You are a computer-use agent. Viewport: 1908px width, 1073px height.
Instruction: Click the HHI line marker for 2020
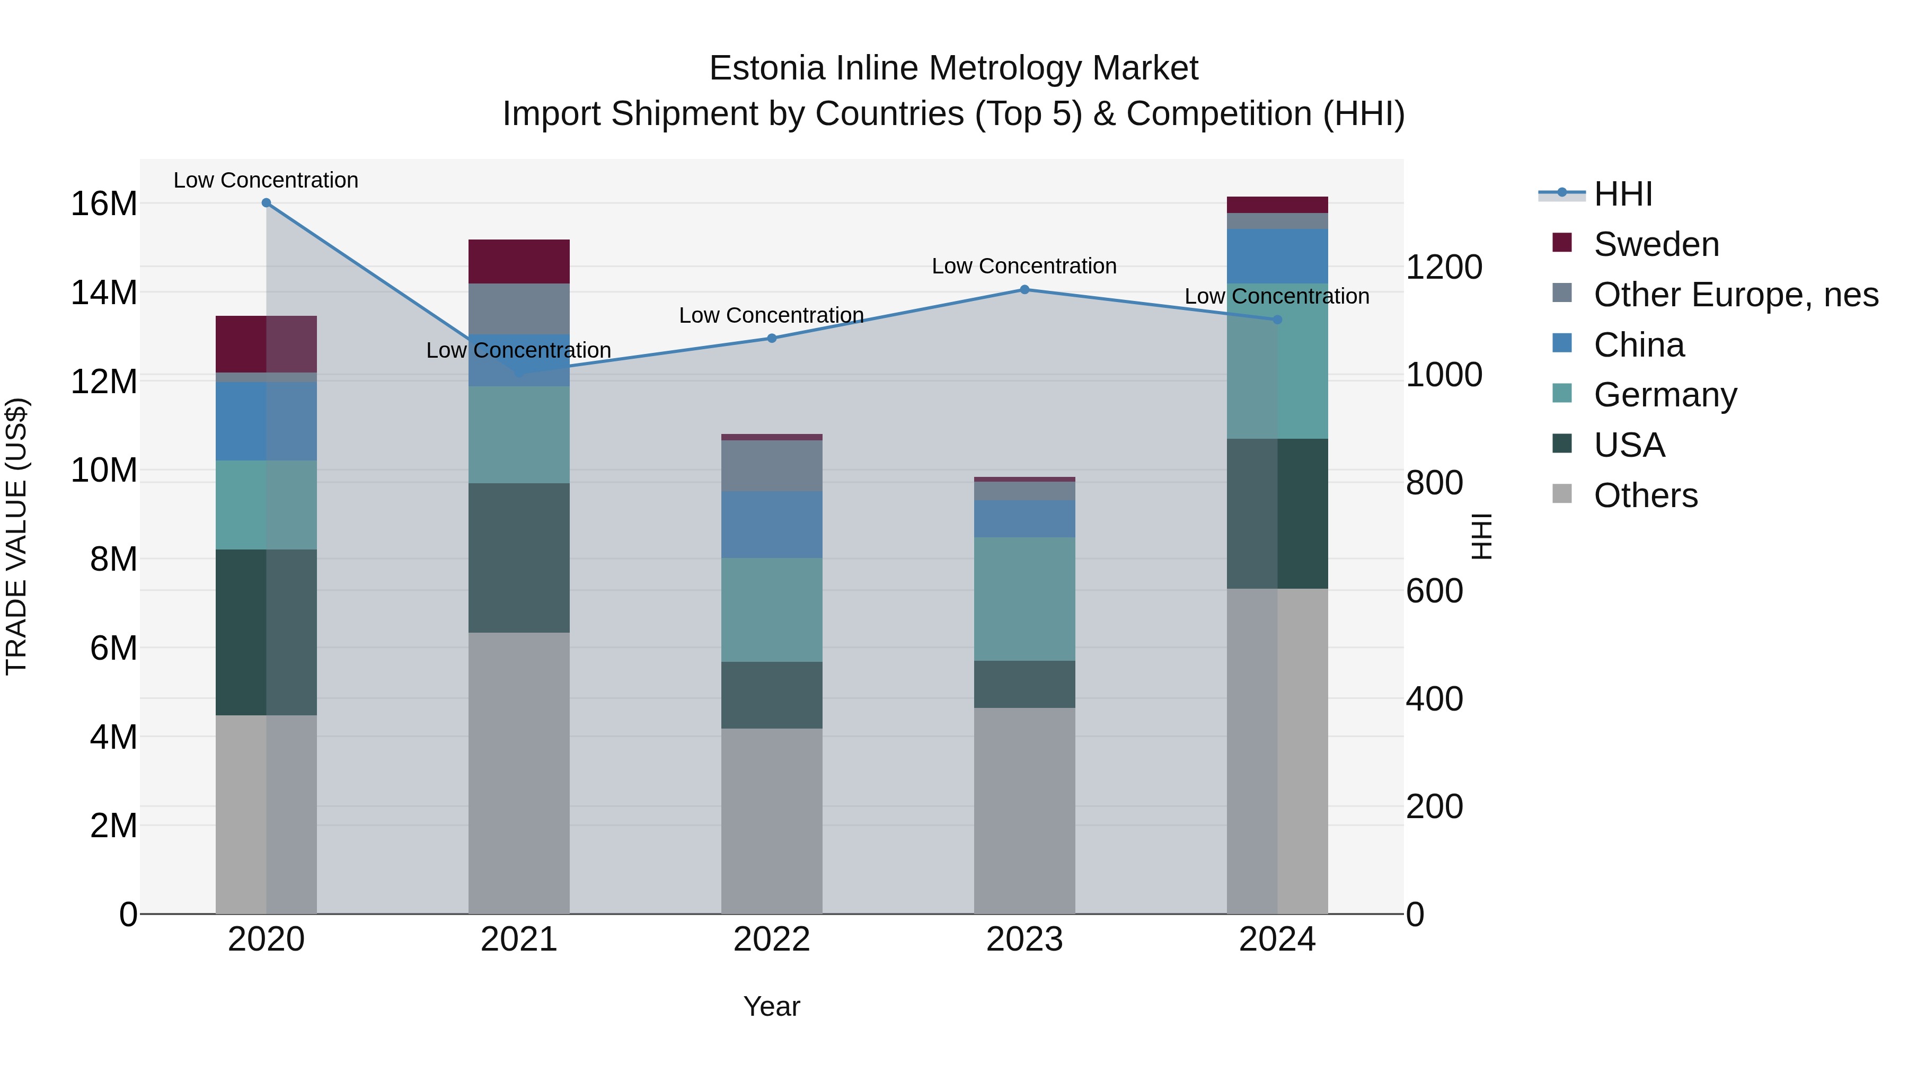(266, 203)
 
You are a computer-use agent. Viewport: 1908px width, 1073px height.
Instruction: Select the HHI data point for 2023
(1024, 289)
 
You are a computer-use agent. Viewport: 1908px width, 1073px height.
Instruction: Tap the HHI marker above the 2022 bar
(772, 339)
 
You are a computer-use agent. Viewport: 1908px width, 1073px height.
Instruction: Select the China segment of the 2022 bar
(772, 524)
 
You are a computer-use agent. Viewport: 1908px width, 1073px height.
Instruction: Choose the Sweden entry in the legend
(1656, 244)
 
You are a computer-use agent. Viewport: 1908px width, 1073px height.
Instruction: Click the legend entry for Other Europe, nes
(1735, 295)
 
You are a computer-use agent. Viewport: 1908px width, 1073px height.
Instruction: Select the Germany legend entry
(1665, 395)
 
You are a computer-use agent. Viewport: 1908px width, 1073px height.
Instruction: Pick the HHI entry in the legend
(1622, 194)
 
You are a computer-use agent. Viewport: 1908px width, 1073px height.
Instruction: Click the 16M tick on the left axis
(104, 203)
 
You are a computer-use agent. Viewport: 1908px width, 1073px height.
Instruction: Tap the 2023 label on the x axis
(1024, 939)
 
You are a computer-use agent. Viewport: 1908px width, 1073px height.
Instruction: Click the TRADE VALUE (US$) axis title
(17, 536)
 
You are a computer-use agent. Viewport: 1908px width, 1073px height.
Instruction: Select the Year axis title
(772, 1006)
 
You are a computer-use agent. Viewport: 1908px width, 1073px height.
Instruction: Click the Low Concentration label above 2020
(266, 180)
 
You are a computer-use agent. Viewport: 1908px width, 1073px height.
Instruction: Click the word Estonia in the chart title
(766, 68)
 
